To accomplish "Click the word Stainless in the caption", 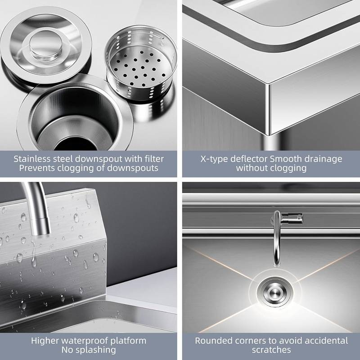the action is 32,159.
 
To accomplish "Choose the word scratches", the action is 271,350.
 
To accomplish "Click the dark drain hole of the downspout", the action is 75,144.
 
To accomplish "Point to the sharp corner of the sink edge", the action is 269,85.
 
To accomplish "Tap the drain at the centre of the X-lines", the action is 274,292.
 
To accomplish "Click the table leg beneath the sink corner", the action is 272,143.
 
